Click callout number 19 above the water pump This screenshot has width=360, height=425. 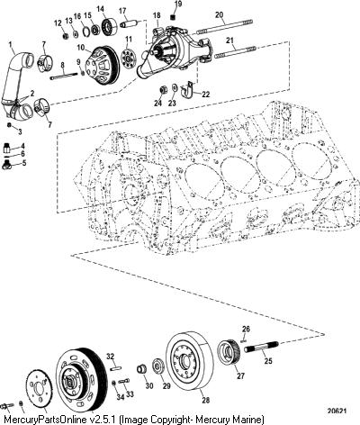[x=178, y=5]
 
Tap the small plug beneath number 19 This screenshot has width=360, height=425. [x=173, y=17]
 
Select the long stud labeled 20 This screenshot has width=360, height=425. [x=224, y=26]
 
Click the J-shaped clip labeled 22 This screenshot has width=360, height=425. [x=188, y=89]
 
